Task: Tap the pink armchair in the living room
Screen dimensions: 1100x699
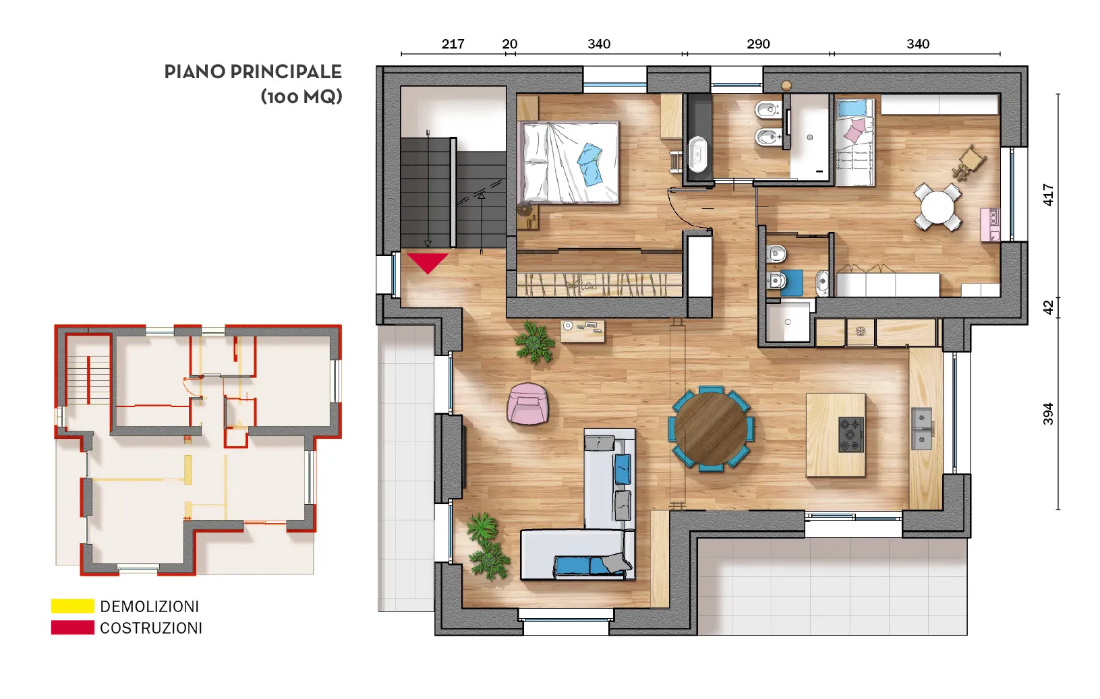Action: point(527,404)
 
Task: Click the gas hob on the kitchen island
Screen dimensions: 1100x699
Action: point(851,434)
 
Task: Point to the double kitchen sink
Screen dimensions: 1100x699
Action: point(922,429)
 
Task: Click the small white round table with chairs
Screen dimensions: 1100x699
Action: point(937,207)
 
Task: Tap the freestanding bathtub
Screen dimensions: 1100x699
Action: point(697,154)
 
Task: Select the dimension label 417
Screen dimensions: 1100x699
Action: point(1048,195)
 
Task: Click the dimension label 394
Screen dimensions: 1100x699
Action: point(1048,414)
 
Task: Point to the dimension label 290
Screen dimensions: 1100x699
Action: point(758,44)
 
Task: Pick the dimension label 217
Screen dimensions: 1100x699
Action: point(453,44)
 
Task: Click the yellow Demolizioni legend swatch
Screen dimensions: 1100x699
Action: point(73,606)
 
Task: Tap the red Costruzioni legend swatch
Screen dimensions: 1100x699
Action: point(73,628)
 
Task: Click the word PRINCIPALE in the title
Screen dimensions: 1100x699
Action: point(286,72)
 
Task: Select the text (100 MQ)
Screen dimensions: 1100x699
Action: point(301,96)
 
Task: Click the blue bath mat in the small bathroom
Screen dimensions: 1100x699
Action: point(791,283)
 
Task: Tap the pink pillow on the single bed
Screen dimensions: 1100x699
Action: point(855,131)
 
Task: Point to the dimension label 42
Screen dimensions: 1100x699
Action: point(1048,308)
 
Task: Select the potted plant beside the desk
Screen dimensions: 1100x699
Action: point(534,342)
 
